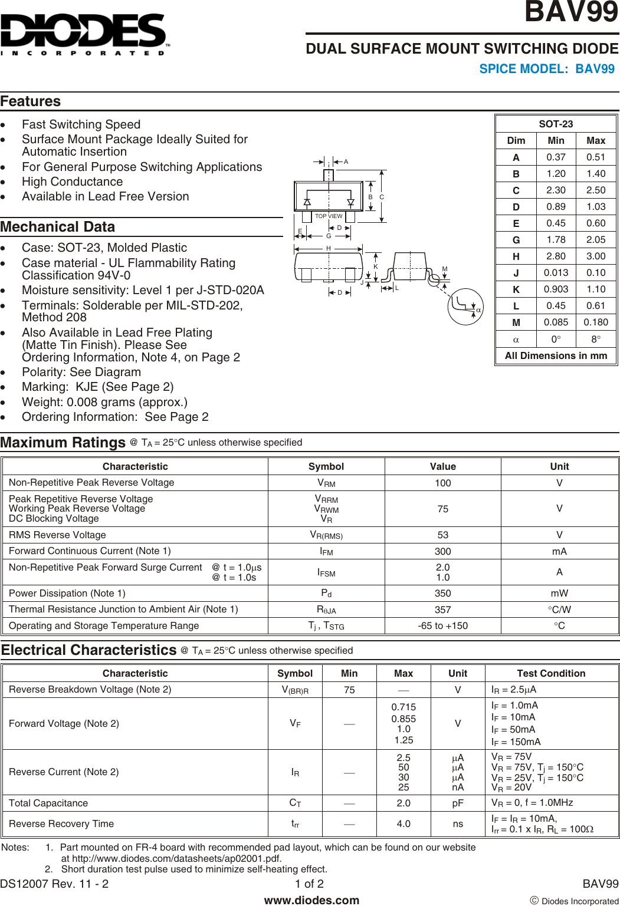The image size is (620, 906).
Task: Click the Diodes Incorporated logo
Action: coord(84,34)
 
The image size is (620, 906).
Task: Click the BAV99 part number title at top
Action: coord(571,12)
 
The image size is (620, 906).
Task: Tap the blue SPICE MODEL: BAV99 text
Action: coord(546,69)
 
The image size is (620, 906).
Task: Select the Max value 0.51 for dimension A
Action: coord(595,157)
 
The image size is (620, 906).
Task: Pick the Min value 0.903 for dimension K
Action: coord(556,289)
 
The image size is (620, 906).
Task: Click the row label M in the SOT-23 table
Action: coord(516,322)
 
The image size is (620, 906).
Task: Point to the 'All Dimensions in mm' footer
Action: coord(556,356)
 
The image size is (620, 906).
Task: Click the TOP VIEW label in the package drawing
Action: coord(329,216)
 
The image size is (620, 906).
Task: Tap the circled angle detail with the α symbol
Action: coord(465,307)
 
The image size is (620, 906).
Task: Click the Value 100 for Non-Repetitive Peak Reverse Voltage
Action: coord(442,483)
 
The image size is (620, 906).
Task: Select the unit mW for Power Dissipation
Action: coord(559,594)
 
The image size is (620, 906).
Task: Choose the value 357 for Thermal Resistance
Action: coord(442,610)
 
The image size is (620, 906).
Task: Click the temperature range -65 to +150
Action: coord(442,626)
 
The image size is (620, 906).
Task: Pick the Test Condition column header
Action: coord(551,674)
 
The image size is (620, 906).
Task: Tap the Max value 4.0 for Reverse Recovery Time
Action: coord(404,824)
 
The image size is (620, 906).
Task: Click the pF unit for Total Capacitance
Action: coord(458,803)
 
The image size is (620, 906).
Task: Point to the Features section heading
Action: coord(31,101)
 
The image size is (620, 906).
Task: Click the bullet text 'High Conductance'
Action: coord(73,182)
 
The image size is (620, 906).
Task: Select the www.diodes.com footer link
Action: coord(311,900)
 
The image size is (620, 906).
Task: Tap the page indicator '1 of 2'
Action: coord(309,884)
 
